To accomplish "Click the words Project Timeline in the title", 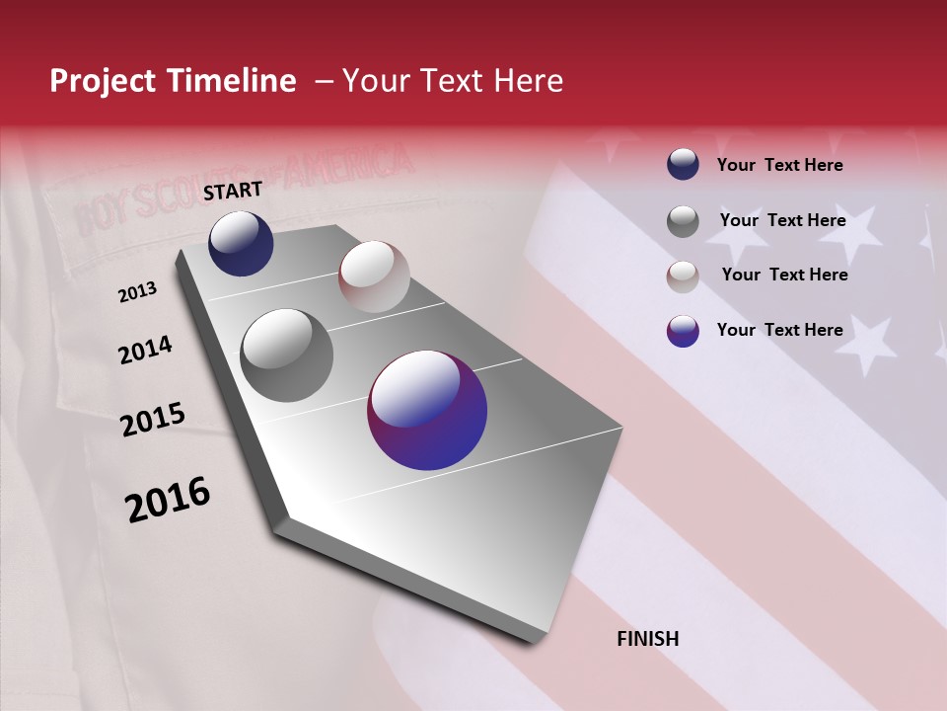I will click(x=173, y=81).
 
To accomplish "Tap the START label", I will click(x=233, y=191).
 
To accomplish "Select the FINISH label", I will click(x=648, y=639).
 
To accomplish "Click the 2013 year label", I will click(x=137, y=292).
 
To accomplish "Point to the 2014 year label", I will click(x=145, y=351).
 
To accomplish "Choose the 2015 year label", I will click(x=153, y=420).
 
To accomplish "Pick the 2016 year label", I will click(x=168, y=499).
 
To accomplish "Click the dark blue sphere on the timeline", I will click(x=241, y=243).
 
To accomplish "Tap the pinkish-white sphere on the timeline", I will click(x=374, y=276).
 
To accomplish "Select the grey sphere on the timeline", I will click(x=287, y=355).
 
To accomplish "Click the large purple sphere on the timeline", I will click(x=427, y=410).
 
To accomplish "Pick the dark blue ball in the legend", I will click(x=683, y=164).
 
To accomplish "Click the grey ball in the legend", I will click(x=683, y=220).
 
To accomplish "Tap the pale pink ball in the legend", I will click(x=683, y=276).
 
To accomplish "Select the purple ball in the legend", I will click(x=683, y=330).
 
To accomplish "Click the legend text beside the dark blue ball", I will click(x=779, y=165).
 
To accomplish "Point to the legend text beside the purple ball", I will click(x=779, y=330).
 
